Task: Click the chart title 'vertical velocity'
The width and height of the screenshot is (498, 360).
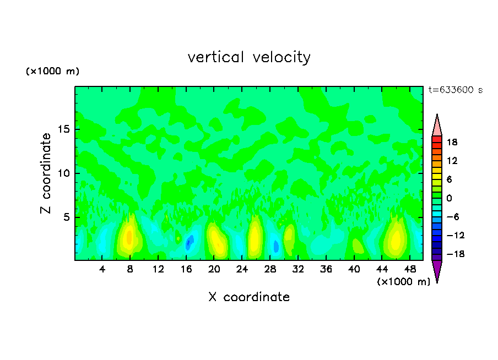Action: point(249,57)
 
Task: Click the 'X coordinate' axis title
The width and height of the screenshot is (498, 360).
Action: point(249,297)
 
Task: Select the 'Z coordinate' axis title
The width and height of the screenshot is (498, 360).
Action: point(46,173)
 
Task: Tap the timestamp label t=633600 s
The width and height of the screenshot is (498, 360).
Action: point(455,90)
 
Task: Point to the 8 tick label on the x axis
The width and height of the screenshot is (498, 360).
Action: point(130,269)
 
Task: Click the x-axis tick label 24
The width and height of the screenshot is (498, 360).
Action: point(242,269)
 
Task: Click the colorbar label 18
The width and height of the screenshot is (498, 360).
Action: point(452,142)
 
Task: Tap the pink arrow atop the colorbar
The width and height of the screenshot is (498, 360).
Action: point(437,126)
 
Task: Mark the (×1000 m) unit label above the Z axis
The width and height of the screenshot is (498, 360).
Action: point(53,72)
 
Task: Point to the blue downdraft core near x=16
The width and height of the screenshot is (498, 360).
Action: point(189,242)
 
